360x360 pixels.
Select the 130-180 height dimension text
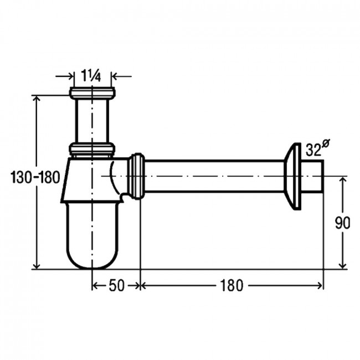(35, 177)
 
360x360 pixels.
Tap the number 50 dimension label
(116, 286)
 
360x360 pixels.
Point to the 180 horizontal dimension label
(232, 286)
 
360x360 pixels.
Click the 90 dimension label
(342, 223)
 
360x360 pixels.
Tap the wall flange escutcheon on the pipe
(292, 177)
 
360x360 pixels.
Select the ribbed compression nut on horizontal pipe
(136, 176)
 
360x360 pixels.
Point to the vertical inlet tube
(92, 121)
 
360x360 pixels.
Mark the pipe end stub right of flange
(312, 176)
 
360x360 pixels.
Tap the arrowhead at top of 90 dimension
(342, 180)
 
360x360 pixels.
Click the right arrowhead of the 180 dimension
(320, 286)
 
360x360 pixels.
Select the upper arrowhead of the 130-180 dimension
(37, 99)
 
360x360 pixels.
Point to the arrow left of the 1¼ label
(65, 76)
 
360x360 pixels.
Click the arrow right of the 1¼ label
(121, 76)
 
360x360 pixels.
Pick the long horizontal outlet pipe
(214, 176)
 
